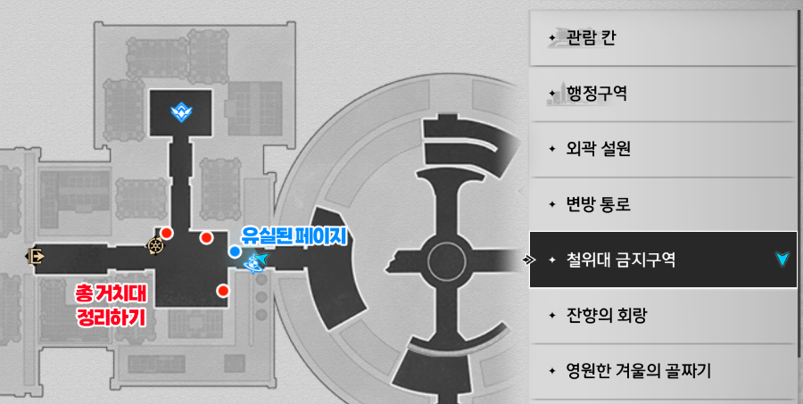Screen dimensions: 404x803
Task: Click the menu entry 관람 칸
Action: (592, 38)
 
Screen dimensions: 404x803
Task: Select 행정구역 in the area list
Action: (596, 93)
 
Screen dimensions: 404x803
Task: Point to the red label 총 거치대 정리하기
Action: (112, 304)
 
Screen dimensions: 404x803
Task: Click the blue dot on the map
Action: (234, 251)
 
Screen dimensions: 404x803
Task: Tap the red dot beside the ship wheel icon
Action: (167, 233)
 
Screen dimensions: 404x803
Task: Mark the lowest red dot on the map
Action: (222, 291)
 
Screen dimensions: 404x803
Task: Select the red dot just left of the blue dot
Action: (206, 237)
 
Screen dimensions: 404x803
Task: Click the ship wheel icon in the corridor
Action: (155, 246)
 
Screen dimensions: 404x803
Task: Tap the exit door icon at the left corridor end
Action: (36, 257)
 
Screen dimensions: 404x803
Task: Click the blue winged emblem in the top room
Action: (186, 111)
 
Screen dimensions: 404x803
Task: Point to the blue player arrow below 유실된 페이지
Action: (258, 261)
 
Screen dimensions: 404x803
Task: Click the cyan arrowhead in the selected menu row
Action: (782, 259)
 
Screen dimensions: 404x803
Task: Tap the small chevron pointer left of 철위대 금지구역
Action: (527, 260)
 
